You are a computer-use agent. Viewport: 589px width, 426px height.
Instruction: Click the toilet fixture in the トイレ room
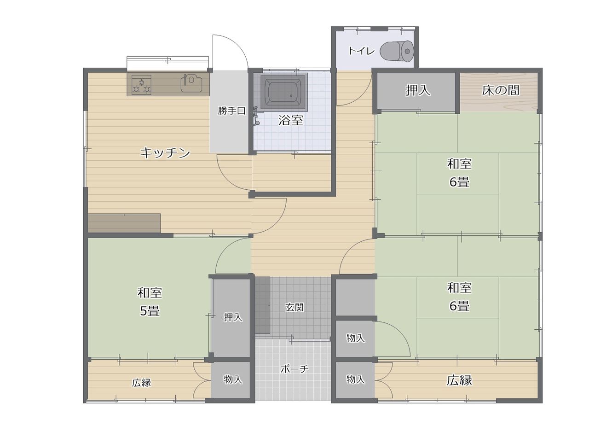[397, 51]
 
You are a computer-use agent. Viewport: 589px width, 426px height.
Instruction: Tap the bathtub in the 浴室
[284, 91]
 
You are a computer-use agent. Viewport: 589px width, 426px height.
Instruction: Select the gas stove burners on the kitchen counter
[141, 85]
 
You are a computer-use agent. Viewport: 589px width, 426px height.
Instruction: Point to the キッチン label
[165, 153]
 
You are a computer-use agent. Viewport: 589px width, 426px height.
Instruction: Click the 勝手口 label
[231, 111]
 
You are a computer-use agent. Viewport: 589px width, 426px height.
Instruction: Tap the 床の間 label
[500, 90]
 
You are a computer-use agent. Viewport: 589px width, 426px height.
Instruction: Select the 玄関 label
[294, 307]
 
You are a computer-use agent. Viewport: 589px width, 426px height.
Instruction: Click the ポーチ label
[294, 369]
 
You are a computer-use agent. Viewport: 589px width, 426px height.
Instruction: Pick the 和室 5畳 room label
[150, 302]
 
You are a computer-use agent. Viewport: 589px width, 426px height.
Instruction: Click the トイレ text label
[361, 51]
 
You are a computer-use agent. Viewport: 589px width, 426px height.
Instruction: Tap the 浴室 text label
[291, 120]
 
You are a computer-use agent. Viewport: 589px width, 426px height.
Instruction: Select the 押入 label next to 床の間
[418, 90]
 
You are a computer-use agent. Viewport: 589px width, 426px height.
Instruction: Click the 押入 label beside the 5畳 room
[233, 317]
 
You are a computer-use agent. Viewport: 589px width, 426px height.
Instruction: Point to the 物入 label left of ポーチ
[233, 379]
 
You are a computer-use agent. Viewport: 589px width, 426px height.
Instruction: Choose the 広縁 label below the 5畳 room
[141, 383]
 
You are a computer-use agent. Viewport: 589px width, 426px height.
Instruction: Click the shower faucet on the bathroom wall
[255, 116]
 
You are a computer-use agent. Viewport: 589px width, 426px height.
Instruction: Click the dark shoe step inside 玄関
[263, 305]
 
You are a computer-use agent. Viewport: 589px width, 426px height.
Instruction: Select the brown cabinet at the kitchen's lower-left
[124, 223]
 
